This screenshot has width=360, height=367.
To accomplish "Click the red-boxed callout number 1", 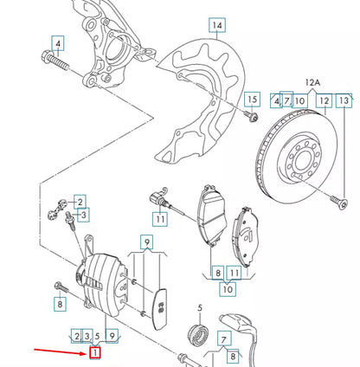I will click(x=96, y=351).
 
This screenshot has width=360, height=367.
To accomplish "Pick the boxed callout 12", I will click(x=323, y=101).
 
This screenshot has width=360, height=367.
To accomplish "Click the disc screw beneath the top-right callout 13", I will click(x=338, y=203).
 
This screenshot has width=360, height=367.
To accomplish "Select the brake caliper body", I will click(x=107, y=280).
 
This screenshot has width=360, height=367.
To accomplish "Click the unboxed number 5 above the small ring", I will click(x=198, y=308).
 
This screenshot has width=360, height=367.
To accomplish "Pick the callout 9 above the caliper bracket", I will click(x=147, y=242).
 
